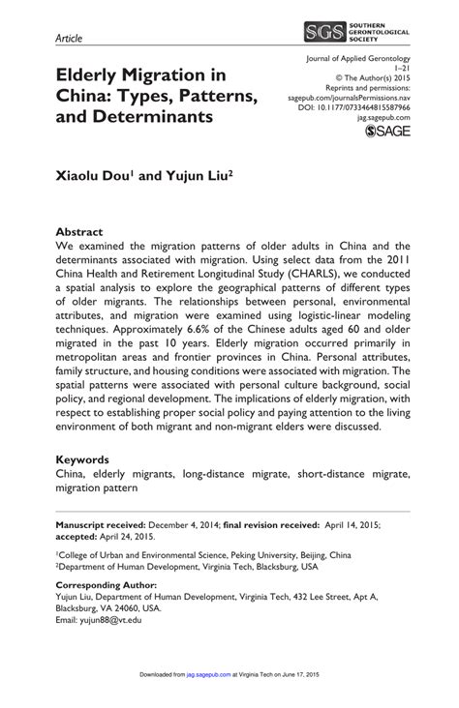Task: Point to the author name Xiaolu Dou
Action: click(100, 179)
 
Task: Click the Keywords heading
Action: click(88, 459)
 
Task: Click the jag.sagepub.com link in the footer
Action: click(206, 691)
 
